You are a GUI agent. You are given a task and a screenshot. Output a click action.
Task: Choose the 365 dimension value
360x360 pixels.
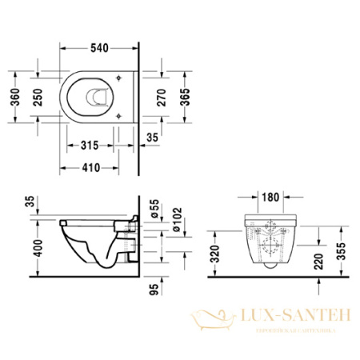pos(186,97)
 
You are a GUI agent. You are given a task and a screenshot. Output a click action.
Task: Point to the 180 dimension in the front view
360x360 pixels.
pos(270,197)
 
